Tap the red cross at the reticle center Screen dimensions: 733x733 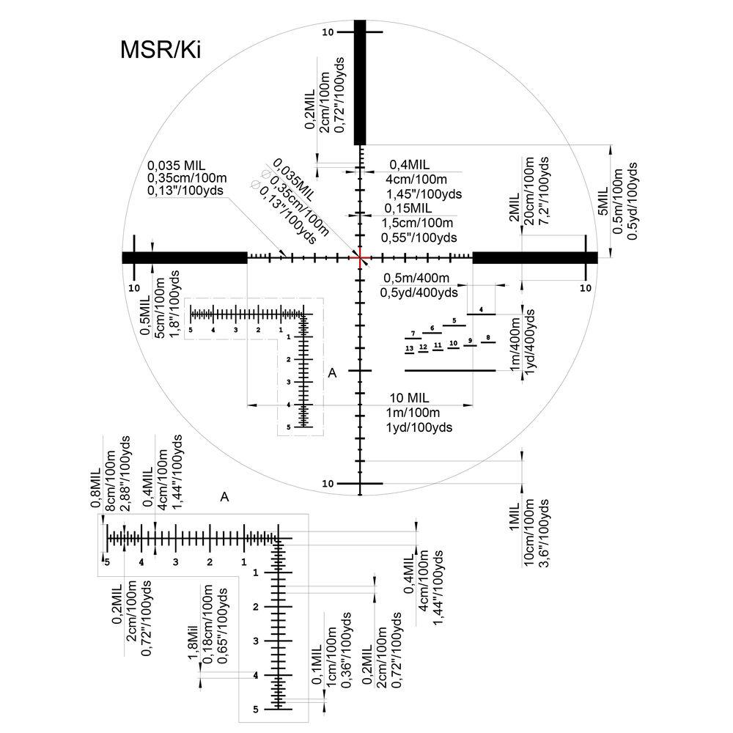tap(360, 257)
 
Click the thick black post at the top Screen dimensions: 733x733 tap(360, 82)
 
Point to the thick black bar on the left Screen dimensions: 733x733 tap(184, 257)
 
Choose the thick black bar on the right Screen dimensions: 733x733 tap(535, 257)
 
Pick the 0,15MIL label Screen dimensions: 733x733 tap(408, 209)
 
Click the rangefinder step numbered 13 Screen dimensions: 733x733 tap(410, 347)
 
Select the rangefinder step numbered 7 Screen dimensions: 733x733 tap(413, 334)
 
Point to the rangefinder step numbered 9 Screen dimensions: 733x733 tap(467, 341)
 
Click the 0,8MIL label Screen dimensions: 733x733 tap(95, 477)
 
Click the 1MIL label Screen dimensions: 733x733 tap(514, 525)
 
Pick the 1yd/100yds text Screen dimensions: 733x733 tap(419, 427)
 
